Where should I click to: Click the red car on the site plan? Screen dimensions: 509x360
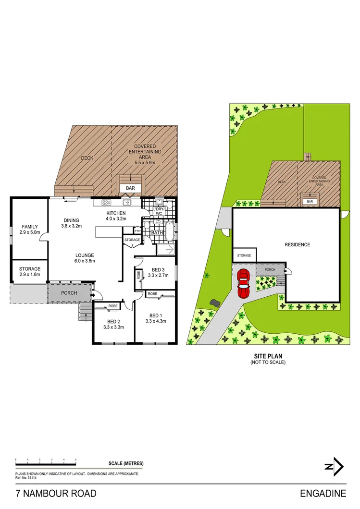coord(244,284)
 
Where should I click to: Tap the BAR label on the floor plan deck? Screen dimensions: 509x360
coord(130,189)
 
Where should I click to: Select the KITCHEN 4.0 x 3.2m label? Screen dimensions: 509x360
coord(116,216)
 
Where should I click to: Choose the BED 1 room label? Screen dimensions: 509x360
coord(155,318)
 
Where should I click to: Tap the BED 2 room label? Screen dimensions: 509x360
coord(113,324)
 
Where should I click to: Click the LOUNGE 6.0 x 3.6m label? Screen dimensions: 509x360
coord(85,258)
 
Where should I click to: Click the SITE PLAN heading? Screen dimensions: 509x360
coord(268,356)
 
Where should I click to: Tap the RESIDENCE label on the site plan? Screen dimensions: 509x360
coord(298,245)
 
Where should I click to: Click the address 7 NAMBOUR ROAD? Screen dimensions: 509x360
coord(56,493)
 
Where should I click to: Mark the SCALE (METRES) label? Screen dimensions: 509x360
coord(126,463)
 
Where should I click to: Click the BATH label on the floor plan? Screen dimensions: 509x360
coord(157,233)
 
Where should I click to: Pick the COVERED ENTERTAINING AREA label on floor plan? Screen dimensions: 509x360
coord(148,152)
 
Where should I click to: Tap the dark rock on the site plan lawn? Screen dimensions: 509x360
coord(214,303)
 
